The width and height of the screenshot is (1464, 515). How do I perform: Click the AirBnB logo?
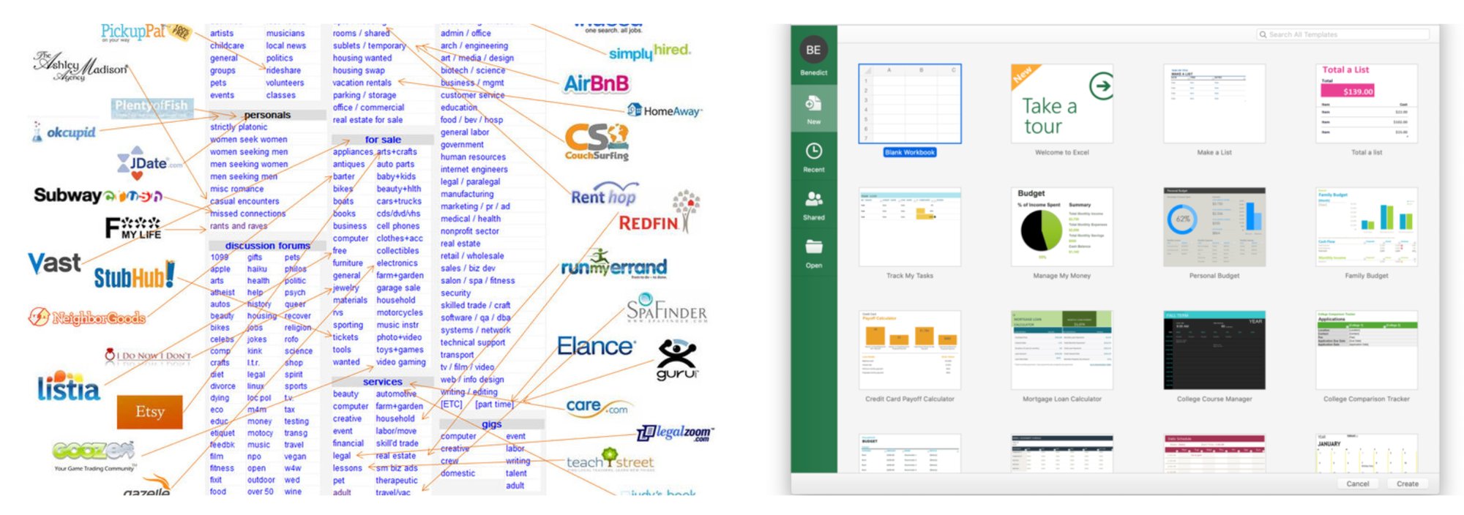[596, 83]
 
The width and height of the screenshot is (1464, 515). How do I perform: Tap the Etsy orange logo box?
[149, 412]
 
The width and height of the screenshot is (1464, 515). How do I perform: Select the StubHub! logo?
[134, 277]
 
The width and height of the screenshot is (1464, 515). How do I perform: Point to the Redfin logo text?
[649, 223]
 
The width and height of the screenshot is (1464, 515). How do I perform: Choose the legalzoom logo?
[674, 433]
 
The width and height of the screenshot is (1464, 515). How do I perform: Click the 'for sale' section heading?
[382, 140]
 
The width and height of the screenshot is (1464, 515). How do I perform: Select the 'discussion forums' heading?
[267, 246]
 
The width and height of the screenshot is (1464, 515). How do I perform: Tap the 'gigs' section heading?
[491, 424]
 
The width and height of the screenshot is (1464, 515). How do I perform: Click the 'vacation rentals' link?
[362, 83]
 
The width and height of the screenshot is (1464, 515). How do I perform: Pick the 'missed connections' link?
[247, 214]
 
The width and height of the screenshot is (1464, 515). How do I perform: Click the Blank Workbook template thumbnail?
[909, 104]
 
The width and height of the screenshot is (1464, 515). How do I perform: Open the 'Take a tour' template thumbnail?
[1061, 104]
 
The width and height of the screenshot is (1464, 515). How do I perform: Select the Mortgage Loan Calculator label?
[1061, 399]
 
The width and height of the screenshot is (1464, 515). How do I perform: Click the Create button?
[1407, 484]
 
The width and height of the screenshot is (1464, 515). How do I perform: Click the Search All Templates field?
[1343, 34]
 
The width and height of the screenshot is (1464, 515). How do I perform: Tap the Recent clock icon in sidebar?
[813, 151]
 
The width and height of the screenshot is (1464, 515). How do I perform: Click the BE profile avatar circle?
[813, 50]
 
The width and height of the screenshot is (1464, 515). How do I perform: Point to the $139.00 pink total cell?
[1357, 91]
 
